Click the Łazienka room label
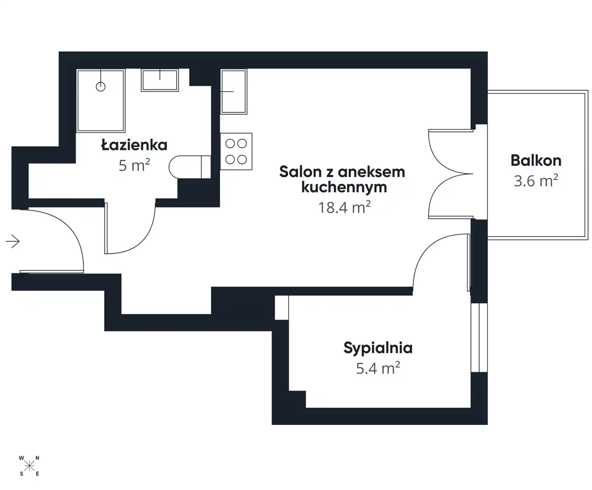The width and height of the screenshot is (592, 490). click(134, 145)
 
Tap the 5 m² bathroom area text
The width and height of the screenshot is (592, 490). click(134, 165)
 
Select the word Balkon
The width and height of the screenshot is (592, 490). click(536, 160)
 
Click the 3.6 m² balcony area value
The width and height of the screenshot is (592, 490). click(536, 181)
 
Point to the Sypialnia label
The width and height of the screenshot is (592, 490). click(378, 348)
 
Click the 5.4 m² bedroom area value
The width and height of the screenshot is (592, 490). click(378, 368)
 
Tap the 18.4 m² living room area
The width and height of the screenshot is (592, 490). click(344, 207)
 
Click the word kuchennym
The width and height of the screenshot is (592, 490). click(344, 188)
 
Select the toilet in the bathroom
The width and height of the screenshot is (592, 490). click(190, 167)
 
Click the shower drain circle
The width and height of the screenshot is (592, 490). click(101, 86)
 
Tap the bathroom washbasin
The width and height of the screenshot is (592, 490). click(160, 80)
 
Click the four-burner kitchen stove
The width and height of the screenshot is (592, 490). click(236, 152)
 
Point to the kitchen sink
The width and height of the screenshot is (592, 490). click(234, 92)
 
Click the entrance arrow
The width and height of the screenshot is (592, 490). click(13, 241)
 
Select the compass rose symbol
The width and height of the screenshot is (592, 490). click(29, 465)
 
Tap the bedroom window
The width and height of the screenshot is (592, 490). click(479, 337)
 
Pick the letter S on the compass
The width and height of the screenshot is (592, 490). click(21, 474)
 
